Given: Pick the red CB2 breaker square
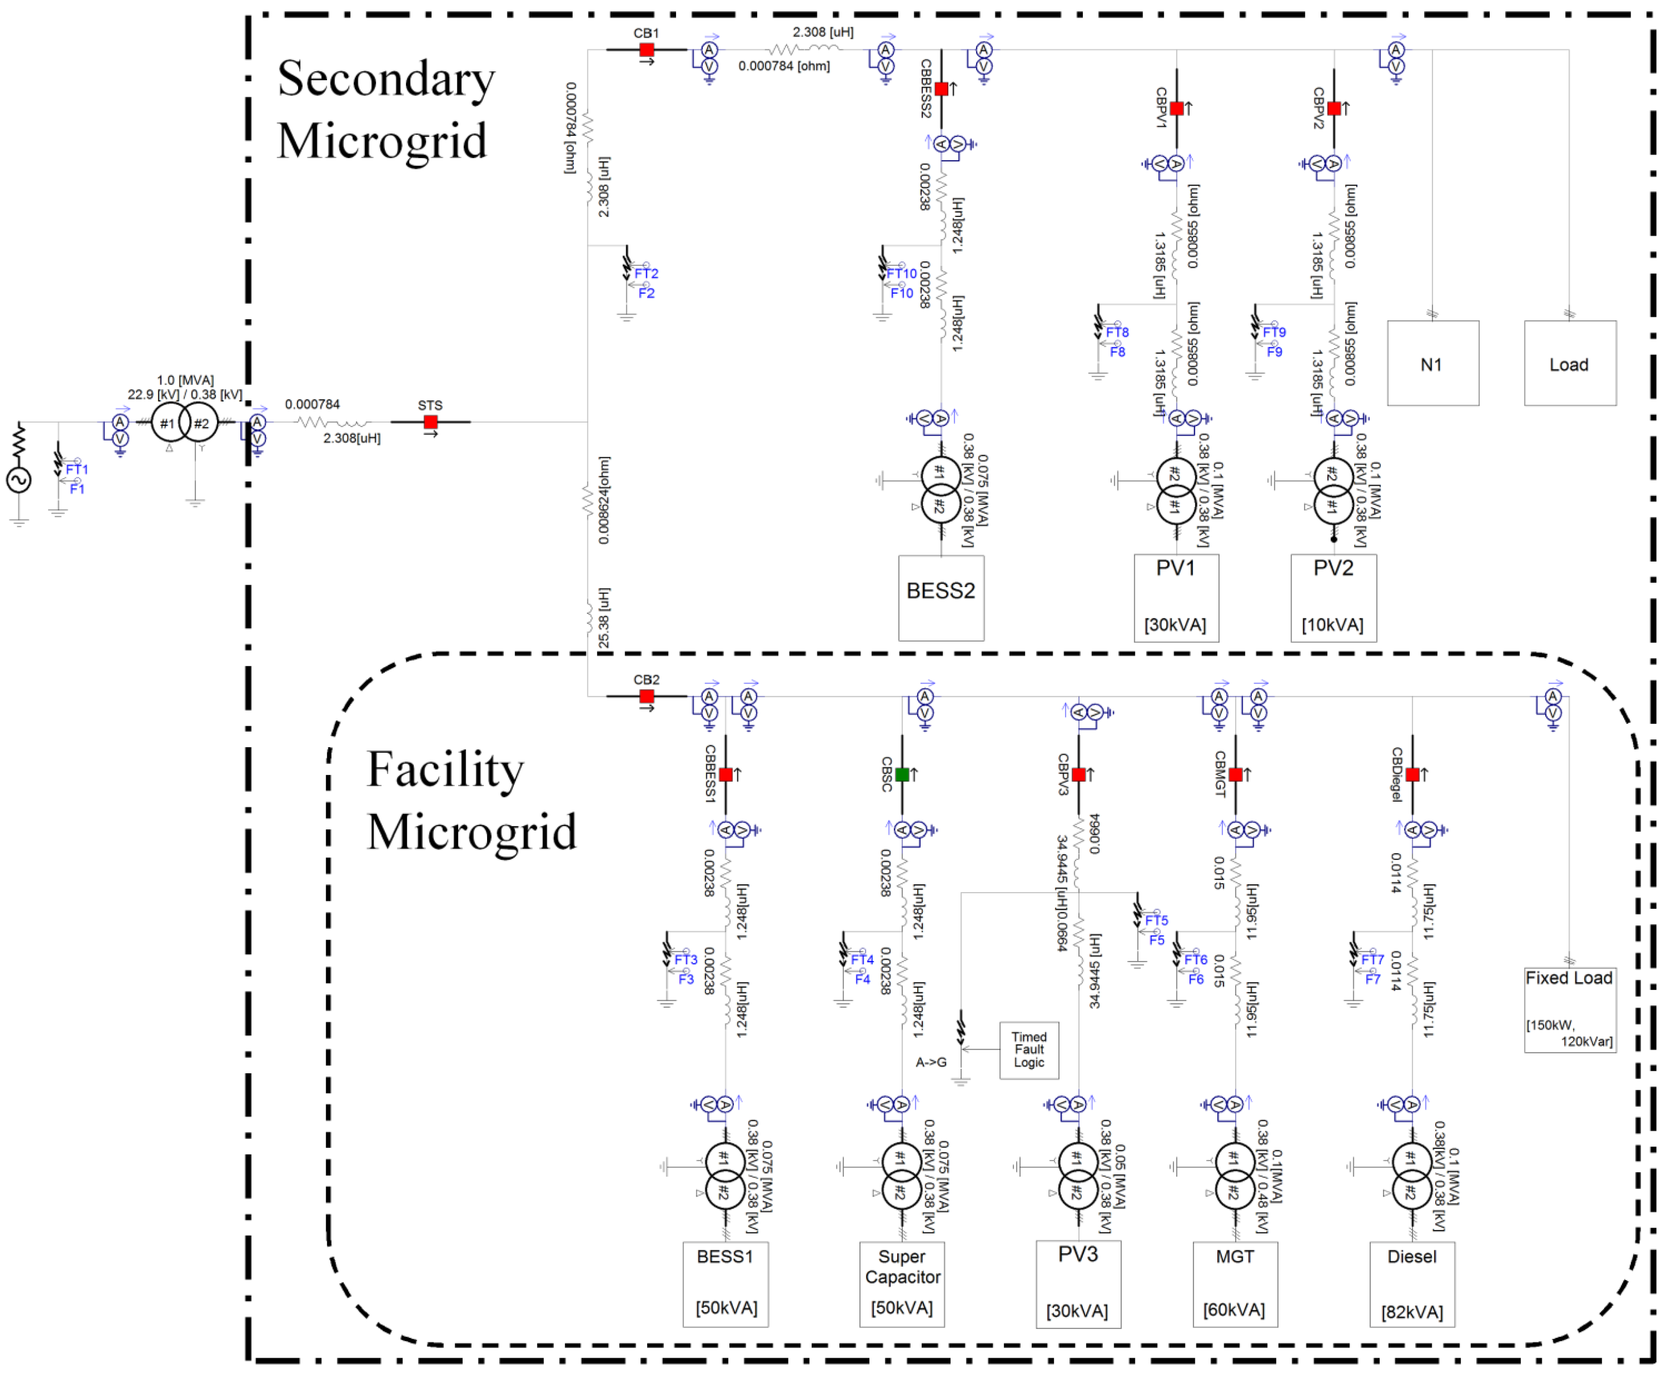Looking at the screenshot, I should coord(646,696).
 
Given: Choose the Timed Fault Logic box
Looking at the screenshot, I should coord(1029,1049).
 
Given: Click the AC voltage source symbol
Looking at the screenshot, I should coord(19,479).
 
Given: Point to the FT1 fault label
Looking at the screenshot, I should coord(77,469).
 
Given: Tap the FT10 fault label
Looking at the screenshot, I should coord(901,273).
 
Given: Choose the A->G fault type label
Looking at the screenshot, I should coord(931,1062).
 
